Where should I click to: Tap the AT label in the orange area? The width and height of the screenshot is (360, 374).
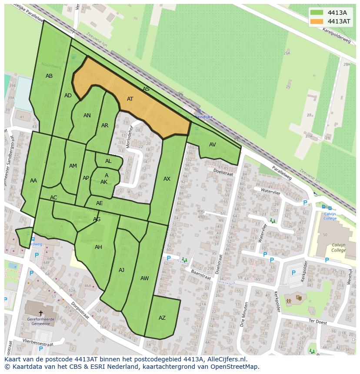click(x=130, y=99)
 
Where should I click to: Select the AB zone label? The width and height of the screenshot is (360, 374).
click(x=49, y=76)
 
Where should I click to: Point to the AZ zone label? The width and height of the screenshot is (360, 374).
click(x=162, y=318)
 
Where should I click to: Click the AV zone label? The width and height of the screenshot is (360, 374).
click(x=213, y=145)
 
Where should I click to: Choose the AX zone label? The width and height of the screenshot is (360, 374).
click(x=167, y=179)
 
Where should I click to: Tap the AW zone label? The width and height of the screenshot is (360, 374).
click(x=145, y=278)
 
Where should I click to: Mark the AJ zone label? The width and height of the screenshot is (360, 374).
click(x=122, y=270)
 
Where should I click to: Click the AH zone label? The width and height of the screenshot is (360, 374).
click(x=98, y=247)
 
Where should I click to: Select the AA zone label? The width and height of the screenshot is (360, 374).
click(x=33, y=181)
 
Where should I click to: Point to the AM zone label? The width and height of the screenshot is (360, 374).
click(x=73, y=166)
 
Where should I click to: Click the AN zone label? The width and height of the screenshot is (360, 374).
click(x=87, y=116)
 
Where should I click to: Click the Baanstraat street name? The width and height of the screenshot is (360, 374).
click(x=200, y=277)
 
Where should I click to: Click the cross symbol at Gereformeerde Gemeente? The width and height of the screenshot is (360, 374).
click(x=41, y=313)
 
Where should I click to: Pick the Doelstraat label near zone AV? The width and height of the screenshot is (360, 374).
click(x=223, y=172)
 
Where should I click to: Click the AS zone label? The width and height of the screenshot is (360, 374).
click(x=146, y=89)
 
